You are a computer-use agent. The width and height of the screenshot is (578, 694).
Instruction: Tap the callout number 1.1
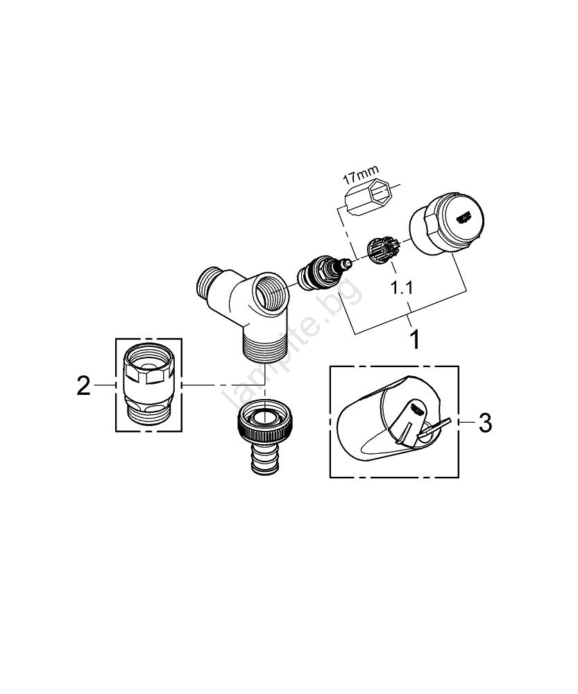pyautogui.click(x=402, y=288)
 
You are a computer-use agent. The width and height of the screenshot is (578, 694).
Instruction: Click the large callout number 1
pyautogui.click(x=414, y=339)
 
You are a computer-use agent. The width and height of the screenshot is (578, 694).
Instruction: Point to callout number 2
pyautogui.click(x=83, y=385)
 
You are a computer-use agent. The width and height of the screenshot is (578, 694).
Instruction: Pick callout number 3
pyautogui.click(x=486, y=423)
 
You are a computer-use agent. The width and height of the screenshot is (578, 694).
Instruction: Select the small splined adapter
pyautogui.click(x=382, y=250)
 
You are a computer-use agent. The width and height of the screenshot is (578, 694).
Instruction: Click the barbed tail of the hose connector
pyautogui.click(x=265, y=459)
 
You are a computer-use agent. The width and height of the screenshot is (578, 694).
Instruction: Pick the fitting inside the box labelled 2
pyautogui.click(x=148, y=384)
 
